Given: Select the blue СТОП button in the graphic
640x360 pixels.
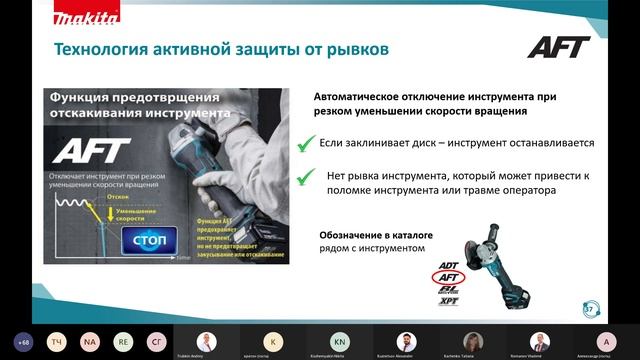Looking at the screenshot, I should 148,241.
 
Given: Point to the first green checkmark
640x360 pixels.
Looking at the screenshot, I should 306,145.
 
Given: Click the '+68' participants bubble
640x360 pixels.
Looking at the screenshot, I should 23,341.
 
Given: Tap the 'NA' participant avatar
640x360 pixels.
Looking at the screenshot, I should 89,341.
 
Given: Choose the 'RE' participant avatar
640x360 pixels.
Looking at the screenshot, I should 122,341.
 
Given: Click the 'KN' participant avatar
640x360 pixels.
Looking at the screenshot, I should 340,340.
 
